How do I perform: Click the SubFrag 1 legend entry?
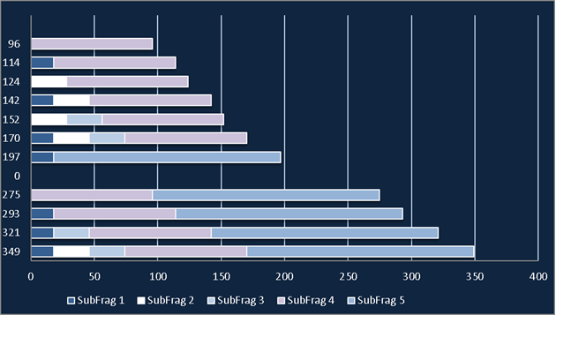(x=95, y=301)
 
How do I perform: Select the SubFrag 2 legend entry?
(x=166, y=301)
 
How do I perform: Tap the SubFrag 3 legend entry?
(x=236, y=301)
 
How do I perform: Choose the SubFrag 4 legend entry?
(x=305, y=301)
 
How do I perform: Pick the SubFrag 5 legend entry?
(x=376, y=301)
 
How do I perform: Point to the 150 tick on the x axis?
(x=222, y=277)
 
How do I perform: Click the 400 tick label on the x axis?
(x=538, y=277)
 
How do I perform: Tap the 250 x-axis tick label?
(x=348, y=277)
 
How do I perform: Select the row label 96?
(x=14, y=44)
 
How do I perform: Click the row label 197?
(x=11, y=157)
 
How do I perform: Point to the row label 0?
(x=17, y=176)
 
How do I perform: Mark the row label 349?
(x=11, y=251)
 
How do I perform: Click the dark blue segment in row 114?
(x=42, y=63)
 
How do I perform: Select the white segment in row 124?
(x=49, y=81)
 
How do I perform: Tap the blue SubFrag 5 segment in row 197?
(x=167, y=157)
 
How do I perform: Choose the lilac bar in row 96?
(x=92, y=44)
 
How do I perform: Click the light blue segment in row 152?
(x=85, y=120)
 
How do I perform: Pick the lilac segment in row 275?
(x=92, y=195)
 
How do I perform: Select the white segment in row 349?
(x=71, y=251)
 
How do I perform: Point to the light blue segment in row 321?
(x=71, y=233)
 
